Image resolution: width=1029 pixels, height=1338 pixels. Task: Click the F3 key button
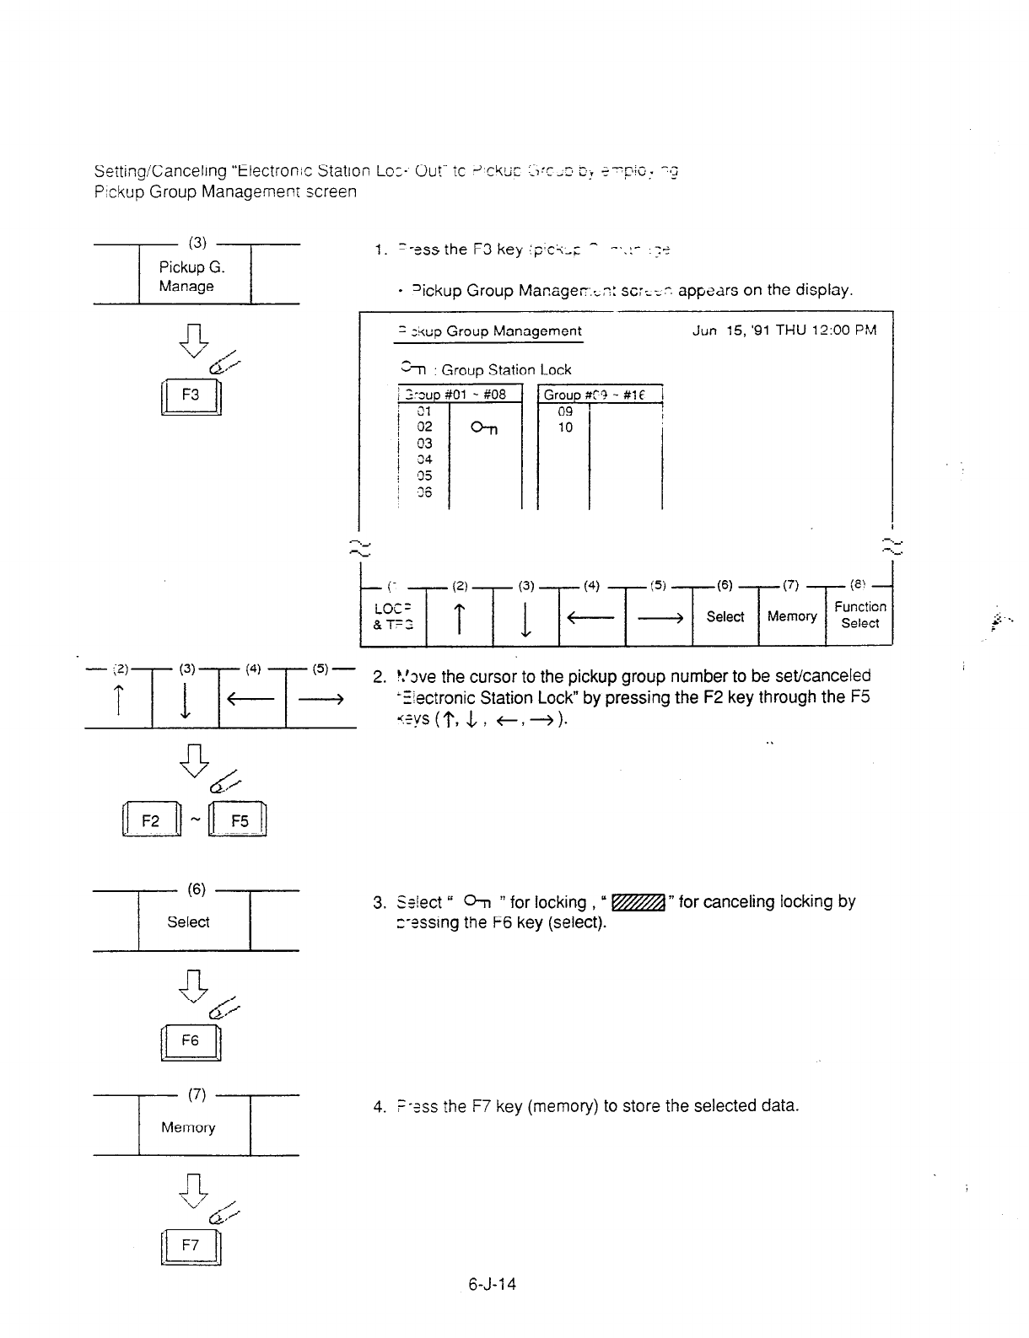191,395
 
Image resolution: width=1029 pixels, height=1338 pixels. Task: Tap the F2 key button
151,821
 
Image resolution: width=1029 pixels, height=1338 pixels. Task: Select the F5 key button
240,821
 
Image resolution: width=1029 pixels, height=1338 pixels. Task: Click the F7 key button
191,1245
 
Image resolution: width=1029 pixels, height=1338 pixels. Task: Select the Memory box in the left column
188,1127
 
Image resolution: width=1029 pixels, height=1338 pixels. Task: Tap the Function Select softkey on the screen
859,615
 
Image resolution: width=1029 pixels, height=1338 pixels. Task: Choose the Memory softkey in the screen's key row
791,616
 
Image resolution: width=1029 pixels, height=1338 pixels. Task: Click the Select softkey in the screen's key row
725,616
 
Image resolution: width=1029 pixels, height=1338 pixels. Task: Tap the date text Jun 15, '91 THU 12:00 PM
784,330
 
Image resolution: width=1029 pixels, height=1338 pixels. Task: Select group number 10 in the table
565,427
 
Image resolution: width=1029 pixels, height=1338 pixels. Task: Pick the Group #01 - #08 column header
460,395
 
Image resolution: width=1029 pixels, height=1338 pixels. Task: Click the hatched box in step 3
640,902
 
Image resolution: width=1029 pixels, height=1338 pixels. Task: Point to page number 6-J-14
493,1284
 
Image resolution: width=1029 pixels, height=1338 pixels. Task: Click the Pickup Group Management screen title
489,331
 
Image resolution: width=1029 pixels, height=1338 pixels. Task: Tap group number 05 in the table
424,476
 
